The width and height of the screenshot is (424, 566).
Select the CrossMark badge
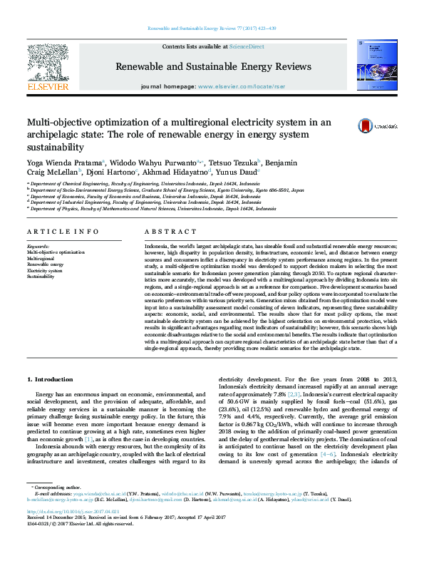click(368, 124)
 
